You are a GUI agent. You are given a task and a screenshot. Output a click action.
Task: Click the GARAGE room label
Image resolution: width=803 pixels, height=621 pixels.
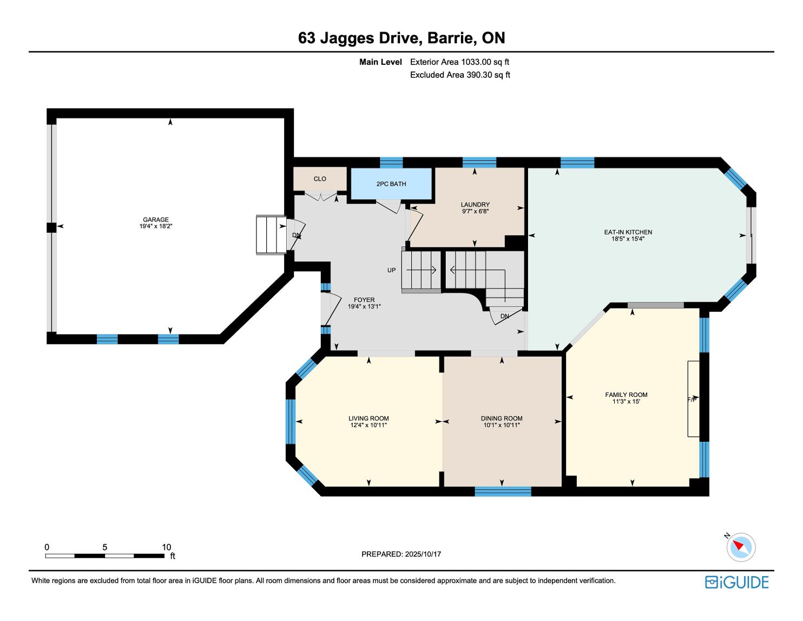(x=156, y=220)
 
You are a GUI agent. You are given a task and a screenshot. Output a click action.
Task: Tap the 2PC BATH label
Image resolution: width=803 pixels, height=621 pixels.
(x=391, y=184)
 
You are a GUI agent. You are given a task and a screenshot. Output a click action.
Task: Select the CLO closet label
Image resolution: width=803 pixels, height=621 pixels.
(x=320, y=179)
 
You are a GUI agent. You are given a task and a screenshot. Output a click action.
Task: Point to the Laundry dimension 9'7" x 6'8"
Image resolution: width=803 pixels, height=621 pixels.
(x=475, y=212)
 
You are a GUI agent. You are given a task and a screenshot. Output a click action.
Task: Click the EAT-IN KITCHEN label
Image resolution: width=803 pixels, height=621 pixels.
(x=628, y=232)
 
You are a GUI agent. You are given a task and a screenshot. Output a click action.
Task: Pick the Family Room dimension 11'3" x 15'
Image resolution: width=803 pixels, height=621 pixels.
(x=626, y=401)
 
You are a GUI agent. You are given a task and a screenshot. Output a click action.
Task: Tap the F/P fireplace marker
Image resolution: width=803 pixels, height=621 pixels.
(x=692, y=400)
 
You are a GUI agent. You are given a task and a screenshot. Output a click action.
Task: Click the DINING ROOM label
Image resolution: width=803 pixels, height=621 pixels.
(x=502, y=419)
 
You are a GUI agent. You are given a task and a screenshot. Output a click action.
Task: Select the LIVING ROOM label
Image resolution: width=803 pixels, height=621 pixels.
(x=368, y=419)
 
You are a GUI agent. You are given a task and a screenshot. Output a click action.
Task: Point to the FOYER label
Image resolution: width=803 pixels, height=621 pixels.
(x=364, y=300)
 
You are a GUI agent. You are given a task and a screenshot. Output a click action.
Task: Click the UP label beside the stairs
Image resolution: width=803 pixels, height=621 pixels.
(x=391, y=270)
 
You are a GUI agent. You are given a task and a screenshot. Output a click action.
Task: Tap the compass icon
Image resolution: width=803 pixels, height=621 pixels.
(x=741, y=547)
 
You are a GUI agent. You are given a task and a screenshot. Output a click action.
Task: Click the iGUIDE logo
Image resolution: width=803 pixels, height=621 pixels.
(x=736, y=583)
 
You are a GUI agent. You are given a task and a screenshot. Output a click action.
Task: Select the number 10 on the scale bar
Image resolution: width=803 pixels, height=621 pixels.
(x=166, y=547)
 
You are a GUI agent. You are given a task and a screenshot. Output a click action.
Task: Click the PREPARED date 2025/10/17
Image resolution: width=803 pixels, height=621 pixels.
(x=423, y=554)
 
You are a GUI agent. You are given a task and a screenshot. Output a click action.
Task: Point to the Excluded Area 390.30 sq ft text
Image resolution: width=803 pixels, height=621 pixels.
(x=460, y=75)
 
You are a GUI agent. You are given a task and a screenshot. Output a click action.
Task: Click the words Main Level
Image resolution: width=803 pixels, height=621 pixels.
(x=380, y=62)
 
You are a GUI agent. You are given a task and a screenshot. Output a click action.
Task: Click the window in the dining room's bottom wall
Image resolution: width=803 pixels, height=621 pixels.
(x=503, y=491)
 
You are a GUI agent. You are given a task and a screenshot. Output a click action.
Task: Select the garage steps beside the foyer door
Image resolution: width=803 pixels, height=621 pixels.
(x=271, y=235)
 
